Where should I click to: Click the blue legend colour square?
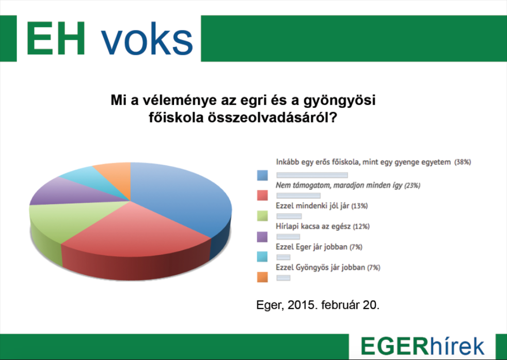pyautogui.click(x=262, y=176)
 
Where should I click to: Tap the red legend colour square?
pyautogui.click(x=262, y=195)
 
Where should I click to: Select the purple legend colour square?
pyautogui.click(x=262, y=237)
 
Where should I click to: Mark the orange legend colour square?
pyautogui.click(x=262, y=278)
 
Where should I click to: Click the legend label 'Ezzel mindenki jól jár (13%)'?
pyautogui.click(x=322, y=206)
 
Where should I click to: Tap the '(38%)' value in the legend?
pyautogui.click(x=463, y=162)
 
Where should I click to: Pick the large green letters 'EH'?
pyautogui.click(x=55, y=39)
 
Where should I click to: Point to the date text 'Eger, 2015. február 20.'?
pyautogui.click(x=318, y=305)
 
